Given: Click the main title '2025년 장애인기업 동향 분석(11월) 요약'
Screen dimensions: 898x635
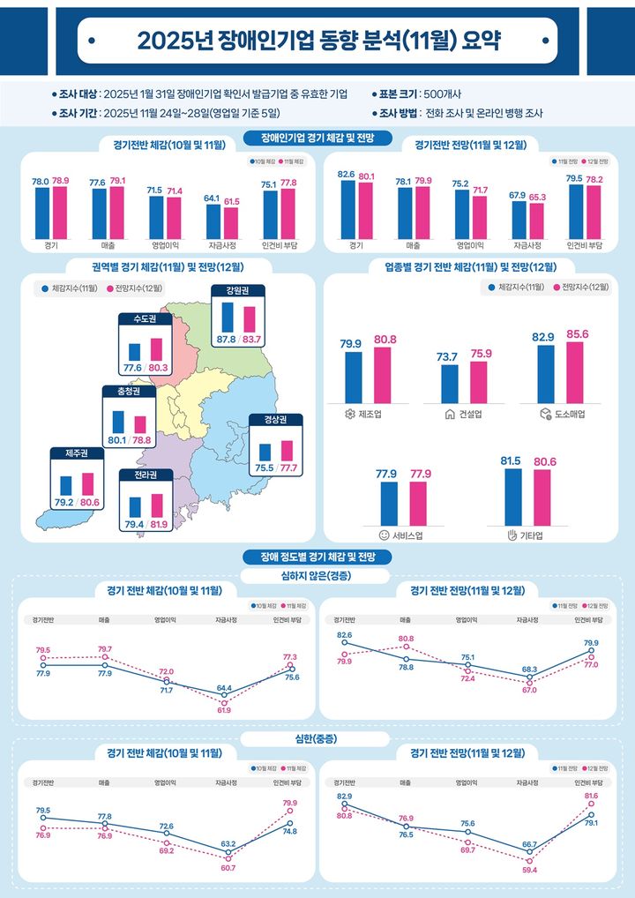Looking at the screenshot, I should (x=317, y=41).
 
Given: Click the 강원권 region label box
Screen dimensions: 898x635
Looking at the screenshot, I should (x=237, y=292).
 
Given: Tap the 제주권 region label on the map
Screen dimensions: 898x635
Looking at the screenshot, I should (x=77, y=453).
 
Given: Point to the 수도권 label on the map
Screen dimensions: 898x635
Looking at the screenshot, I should (x=145, y=318).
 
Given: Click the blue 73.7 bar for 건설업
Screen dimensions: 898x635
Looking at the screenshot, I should (x=450, y=383).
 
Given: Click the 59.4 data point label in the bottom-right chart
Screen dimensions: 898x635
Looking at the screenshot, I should (x=531, y=870).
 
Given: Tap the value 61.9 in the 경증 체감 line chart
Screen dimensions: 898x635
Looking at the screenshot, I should (x=224, y=710).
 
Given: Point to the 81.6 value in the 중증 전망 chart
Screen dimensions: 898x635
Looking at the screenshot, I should (x=591, y=796).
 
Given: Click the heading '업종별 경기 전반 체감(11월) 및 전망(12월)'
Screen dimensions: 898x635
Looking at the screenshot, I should (x=470, y=266).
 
